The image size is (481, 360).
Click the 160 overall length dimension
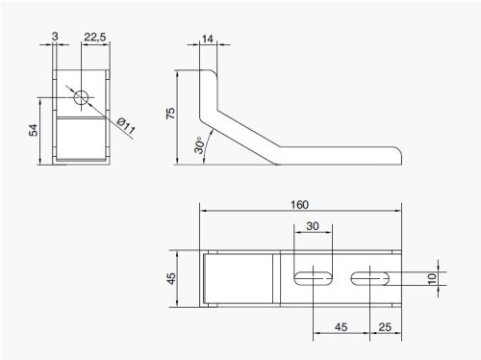[299, 205]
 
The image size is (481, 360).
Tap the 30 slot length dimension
[313, 226]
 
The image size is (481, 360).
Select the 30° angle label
[199, 145]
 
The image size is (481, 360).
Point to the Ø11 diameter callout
[126, 126]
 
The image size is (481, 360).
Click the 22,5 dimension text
[95, 38]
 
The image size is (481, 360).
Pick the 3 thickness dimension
[55, 37]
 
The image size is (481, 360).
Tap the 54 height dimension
[34, 130]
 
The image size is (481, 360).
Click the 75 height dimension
[170, 114]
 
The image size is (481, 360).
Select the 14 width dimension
[207, 39]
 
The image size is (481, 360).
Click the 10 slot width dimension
[432, 278]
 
